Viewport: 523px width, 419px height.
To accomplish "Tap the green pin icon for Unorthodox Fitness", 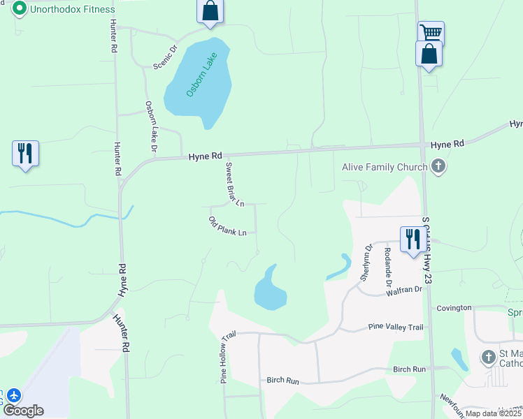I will (x=20, y=9).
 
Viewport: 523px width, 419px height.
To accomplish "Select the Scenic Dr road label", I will (x=166, y=57).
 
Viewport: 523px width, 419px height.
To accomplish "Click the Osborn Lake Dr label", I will (x=150, y=126).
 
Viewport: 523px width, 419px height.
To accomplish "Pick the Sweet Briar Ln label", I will (x=234, y=184).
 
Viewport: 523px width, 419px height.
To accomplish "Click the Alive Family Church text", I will (x=384, y=167).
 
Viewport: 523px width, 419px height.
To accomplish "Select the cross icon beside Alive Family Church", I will (x=438, y=166).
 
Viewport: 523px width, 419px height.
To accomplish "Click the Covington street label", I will (x=454, y=307).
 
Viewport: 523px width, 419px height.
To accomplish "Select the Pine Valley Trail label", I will (x=396, y=327).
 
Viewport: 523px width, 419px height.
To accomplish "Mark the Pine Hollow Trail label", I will (x=224, y=358).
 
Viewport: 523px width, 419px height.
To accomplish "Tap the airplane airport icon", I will (x=13, y=395).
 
